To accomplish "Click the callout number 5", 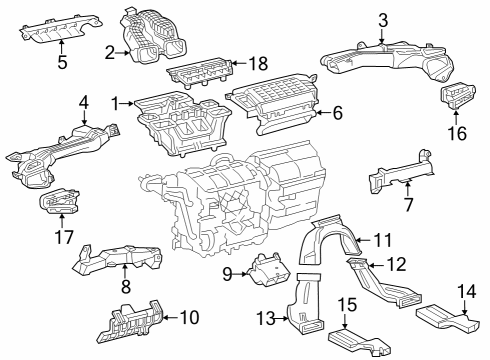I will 62,63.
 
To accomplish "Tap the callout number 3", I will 383,20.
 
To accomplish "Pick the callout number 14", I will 464,291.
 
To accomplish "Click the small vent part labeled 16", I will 458,98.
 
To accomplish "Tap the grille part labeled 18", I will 200,72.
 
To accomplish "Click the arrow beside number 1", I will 128,102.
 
